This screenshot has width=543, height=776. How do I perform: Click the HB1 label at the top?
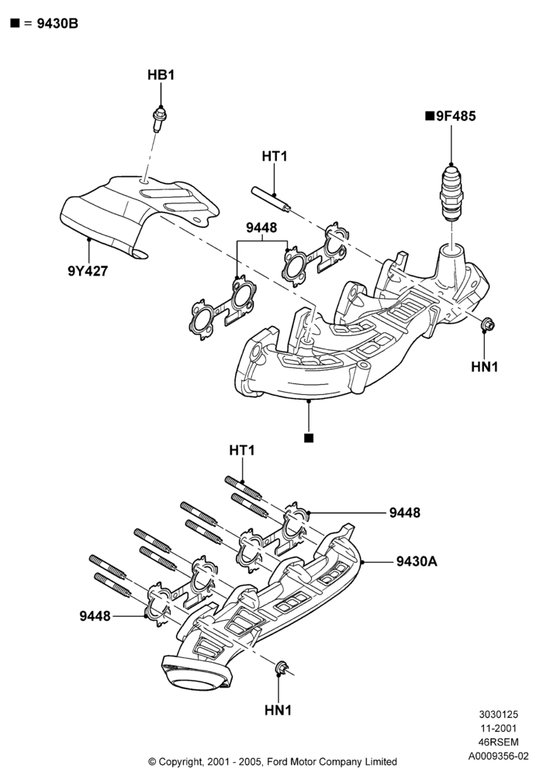[x=161, y=75]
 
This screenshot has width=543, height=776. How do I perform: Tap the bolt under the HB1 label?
[x=159, y=119]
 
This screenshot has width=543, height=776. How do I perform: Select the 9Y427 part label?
[x=88, y=271]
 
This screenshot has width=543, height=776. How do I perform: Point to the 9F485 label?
[x=451, y=116]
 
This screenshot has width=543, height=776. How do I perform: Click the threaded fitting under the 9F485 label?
[x=451, y=193]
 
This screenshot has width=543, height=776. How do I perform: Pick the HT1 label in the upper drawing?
[x=275, y=157]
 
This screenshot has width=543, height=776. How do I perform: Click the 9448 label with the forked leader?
[x=261, y=227]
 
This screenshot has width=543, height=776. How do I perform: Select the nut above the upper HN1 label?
[x=487, y=324]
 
